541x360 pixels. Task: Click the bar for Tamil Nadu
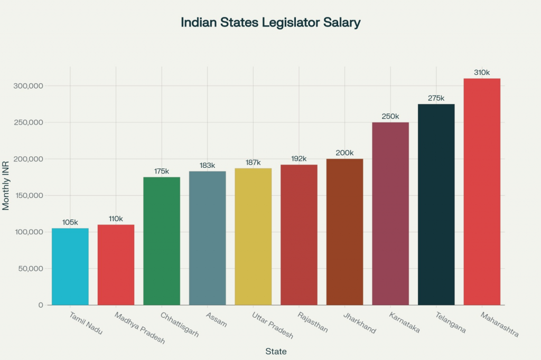tap(70, 267)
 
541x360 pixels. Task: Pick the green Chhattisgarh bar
tap(162, 241)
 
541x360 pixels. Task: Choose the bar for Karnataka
tap(390, 214)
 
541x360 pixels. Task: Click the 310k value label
tap(482, 72)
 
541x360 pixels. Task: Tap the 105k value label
tap(70, 222)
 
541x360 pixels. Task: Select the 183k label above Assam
tap(208, 165)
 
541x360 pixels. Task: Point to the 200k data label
tap(344, 153)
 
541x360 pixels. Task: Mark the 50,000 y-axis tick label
tap(30, 269)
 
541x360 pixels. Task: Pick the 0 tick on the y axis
tap(40, 305)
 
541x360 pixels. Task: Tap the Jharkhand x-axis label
tap(359, 323)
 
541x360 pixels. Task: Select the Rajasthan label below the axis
tap(313, 323)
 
